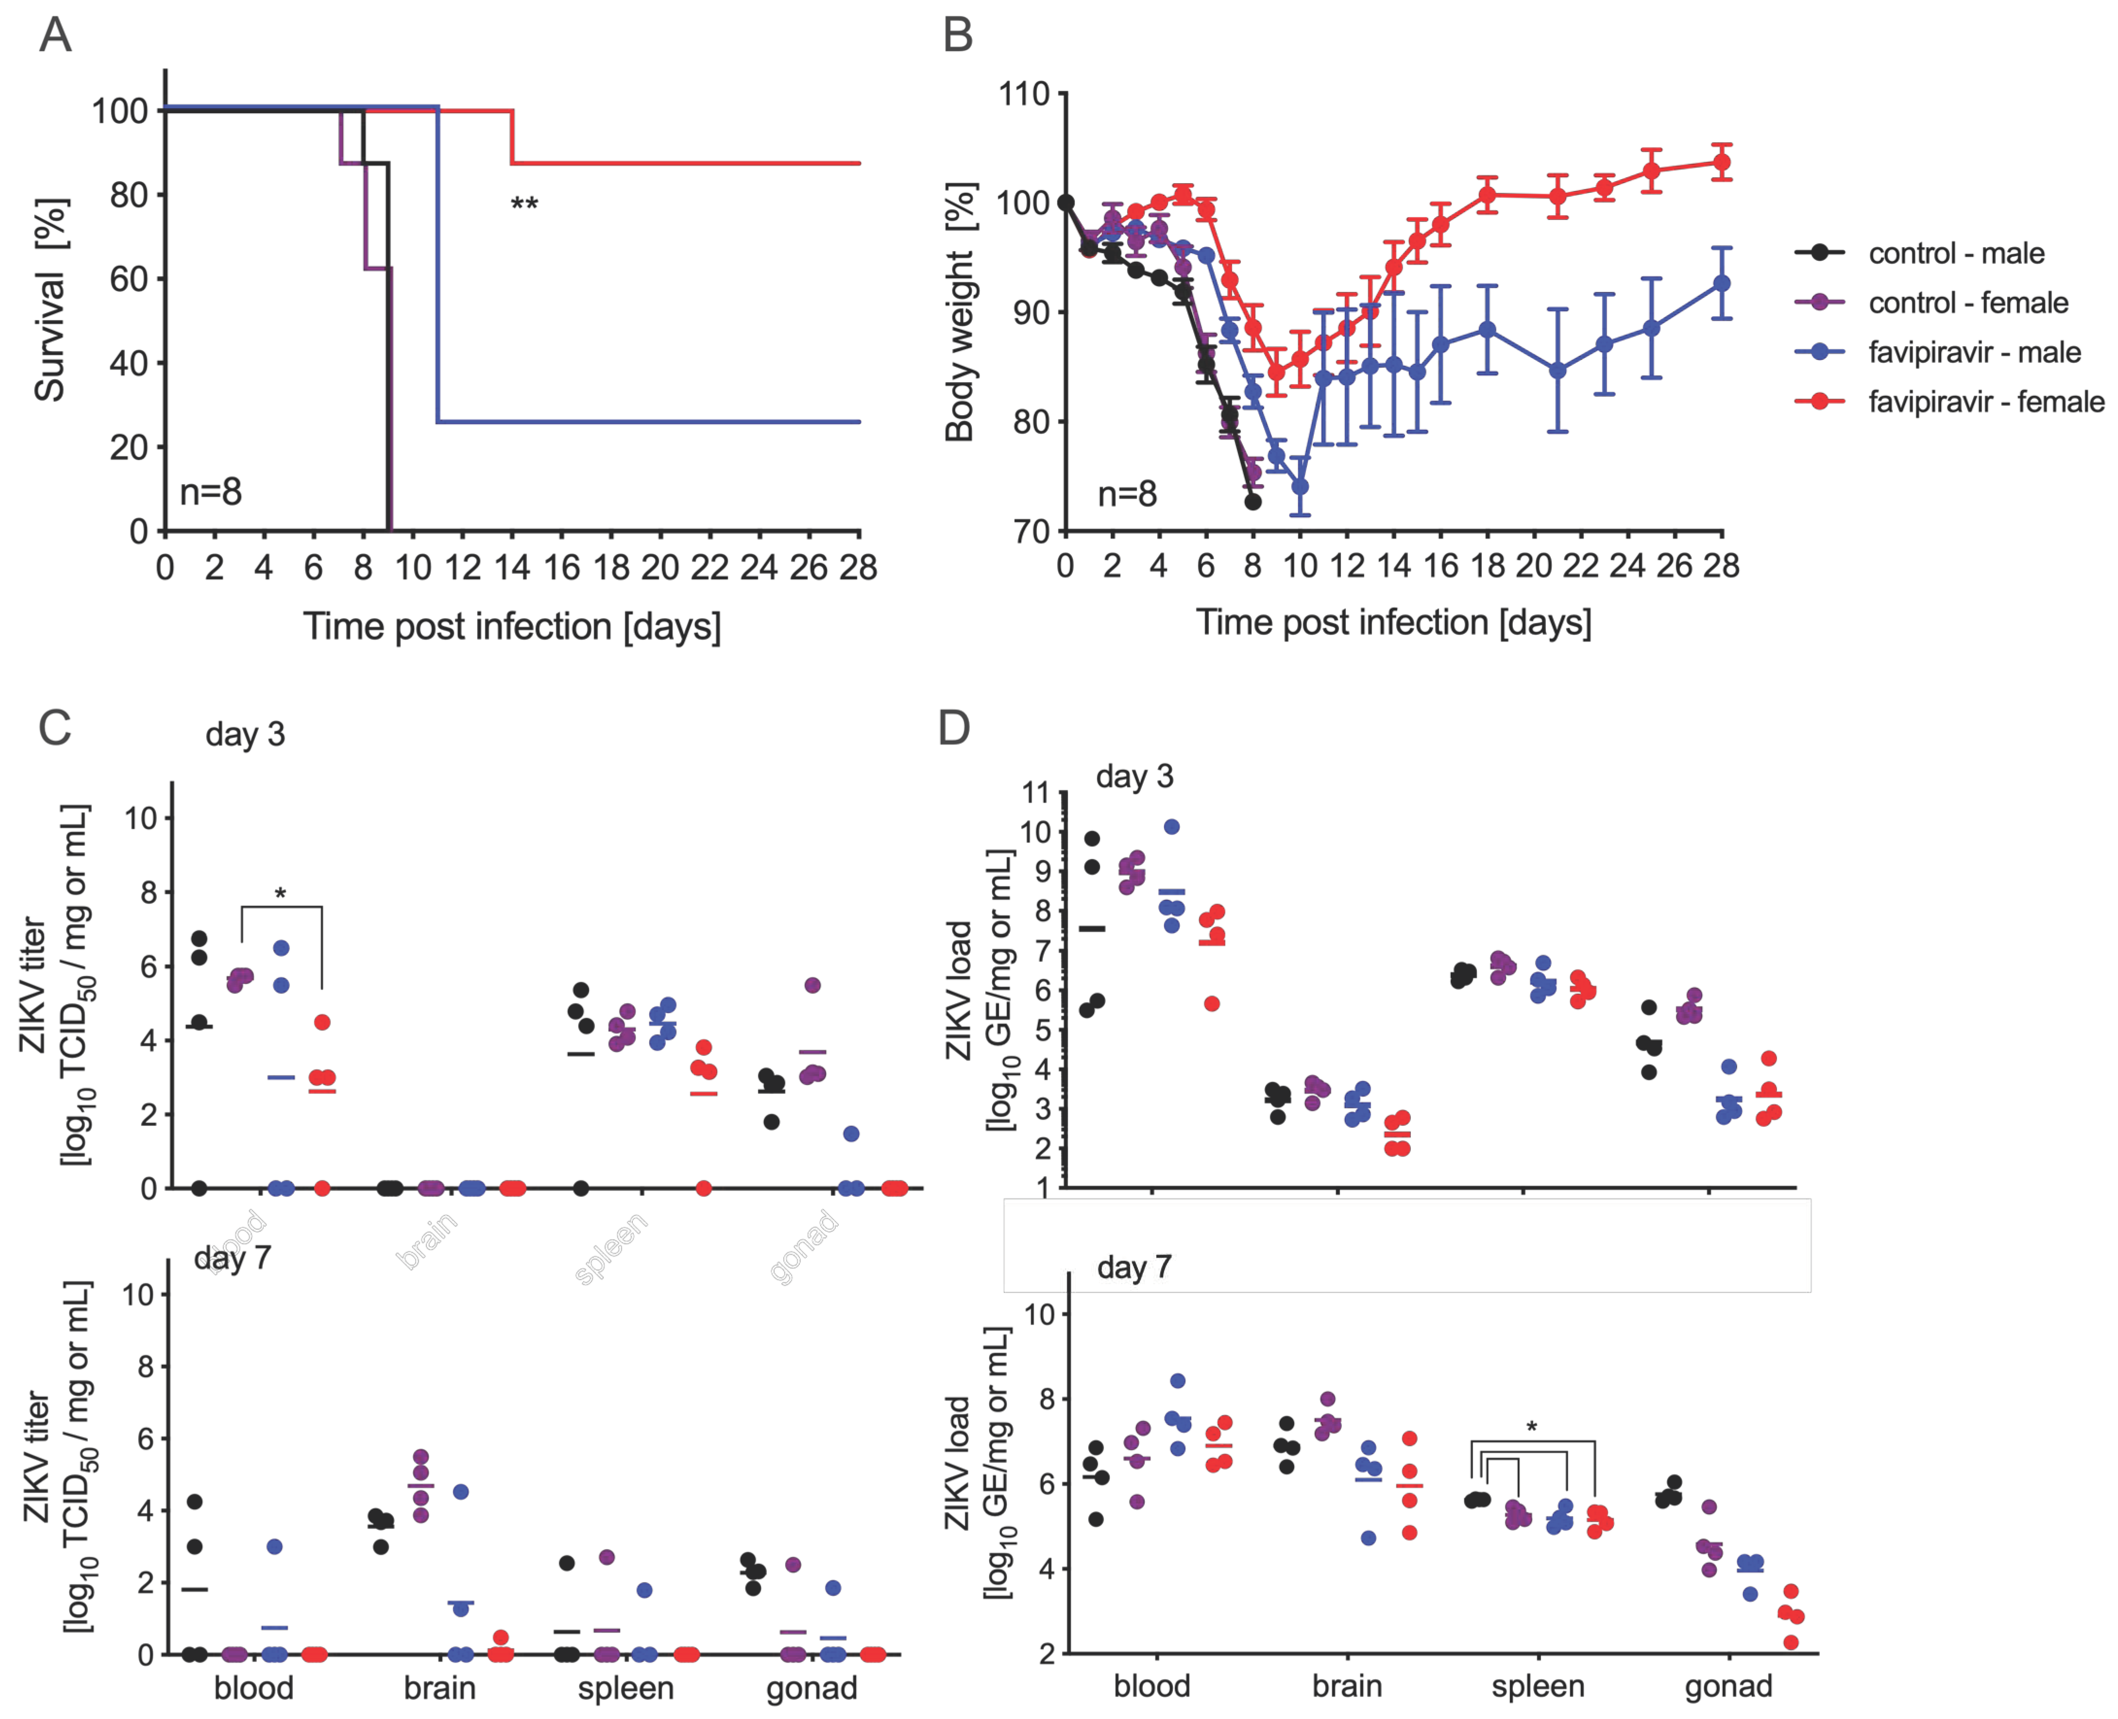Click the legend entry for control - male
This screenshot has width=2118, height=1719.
pyautogui.click(x=1956, y=254)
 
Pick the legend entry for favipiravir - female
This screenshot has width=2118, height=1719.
pyautogui.click(x=1985, y=402)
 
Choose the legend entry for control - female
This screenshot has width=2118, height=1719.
pyautogui.click(x=1967, y=303)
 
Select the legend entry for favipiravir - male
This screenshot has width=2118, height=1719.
pyautogui.click(x=1973, y=353)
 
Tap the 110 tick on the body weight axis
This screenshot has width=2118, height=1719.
pyautogui.click(x=1024, y=95)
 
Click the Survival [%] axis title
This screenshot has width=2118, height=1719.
pyautogui.click(x=50, y=300)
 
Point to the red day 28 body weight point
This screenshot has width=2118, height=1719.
pyautogui.click(x=1721, y=162)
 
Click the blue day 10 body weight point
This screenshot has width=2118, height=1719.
pyautogui.click(x=1300, y=487)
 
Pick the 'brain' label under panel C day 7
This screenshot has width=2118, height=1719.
pyautogui.click(x=440, y=1687)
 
